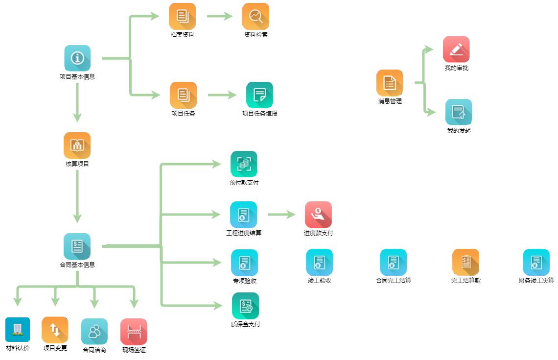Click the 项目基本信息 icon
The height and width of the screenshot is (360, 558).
click(x=77, y=58)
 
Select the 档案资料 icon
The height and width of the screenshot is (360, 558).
click(x=182, y=16)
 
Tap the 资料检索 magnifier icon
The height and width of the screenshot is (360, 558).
click(x=256, y=16)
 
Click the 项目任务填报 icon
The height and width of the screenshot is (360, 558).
click(x=259, y=95)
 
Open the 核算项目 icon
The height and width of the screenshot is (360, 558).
click(x=77, y=145)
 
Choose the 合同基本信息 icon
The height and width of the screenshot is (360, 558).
click(x=77, y=246)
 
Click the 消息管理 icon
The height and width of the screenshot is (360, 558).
click(x=390, y=83)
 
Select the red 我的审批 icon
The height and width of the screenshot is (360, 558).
click(x=456, y=49)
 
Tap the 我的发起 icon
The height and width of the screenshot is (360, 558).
click(x=459, y=112)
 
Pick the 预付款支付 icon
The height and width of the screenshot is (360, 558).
click(x=244, y=164)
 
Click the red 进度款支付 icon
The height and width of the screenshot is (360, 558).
click(x=318, y=215)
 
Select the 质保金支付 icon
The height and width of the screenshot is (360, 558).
click(x=245, y=306)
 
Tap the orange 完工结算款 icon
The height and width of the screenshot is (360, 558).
click(x=465, y=262)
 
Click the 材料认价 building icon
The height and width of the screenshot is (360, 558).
click(x=18, y=330)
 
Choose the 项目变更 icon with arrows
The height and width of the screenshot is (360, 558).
click(x=55, y=330)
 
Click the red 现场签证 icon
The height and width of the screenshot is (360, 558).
click(x=134, y=332)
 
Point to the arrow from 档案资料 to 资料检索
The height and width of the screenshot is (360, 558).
click(x=219, y=16)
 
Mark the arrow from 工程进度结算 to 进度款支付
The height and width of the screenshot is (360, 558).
click(x=281, y=215)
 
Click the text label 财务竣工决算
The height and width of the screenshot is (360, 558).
click(x=536, y=281)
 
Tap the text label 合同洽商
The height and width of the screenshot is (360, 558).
click(x=94, y=350)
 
